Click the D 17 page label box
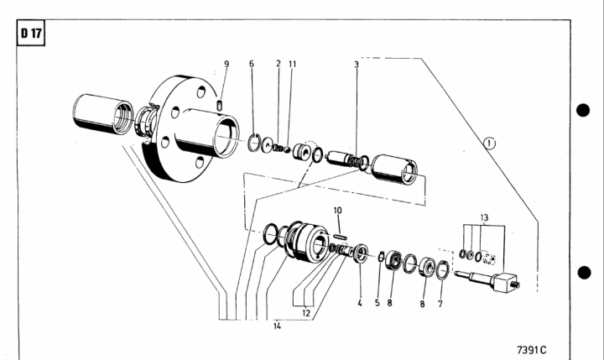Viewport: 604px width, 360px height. pos(31,35)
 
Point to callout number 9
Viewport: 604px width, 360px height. pos(226,65)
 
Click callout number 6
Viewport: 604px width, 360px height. pos(251,65)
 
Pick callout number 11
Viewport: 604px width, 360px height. pos(292,65)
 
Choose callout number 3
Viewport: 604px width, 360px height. pos(356,65)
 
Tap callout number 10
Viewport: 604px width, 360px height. pos(337,211)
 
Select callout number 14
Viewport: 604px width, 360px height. pos(277,326)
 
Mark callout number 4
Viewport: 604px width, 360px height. pos(359,304)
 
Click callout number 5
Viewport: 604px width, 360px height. pos(377,304)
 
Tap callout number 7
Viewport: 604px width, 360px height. pos(440,304)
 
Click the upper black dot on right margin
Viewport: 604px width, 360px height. pos(585,111)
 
